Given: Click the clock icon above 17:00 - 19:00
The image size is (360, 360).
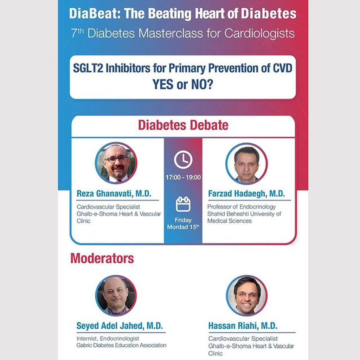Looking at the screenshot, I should [x=183, y=160].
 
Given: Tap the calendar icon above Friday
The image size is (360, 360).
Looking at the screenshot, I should [x=183, y=204].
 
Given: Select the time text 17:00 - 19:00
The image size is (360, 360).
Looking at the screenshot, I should [x=183, y=177].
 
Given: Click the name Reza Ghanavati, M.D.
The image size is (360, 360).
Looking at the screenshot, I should [x=114, y=194].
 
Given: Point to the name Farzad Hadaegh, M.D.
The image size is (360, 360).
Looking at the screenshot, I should [x=246, y=194].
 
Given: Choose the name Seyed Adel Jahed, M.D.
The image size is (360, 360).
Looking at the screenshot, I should [x=120, y=326].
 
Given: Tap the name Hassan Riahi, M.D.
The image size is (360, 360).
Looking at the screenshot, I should [x=243, y=326].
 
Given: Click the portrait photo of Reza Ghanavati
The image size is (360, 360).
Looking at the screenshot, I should [x=116, y=163].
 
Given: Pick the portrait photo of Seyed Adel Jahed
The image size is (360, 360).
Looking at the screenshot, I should [x=116, y=296].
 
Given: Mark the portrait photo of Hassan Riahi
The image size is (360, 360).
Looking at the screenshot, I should [x=246, y=295].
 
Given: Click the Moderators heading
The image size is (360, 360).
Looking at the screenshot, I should [x=102, y=258].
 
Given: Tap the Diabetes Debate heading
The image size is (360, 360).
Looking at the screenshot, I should [x=183, y=126].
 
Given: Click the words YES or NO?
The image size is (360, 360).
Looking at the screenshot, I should [x=182, y=85].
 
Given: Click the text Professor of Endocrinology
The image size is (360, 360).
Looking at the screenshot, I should [x=241, y=207].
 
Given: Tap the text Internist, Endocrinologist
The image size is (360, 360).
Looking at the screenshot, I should [x=108, y=338].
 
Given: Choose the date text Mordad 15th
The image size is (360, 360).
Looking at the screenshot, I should [x=183, y=227].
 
